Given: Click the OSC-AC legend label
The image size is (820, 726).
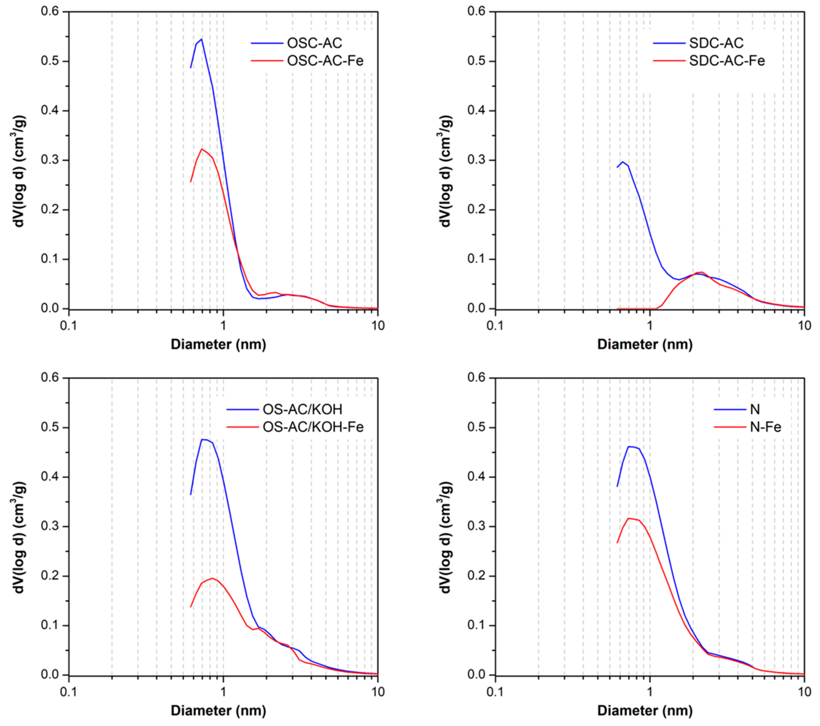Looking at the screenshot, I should [315, 43].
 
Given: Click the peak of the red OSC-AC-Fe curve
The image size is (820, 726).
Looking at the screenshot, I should [202, 149].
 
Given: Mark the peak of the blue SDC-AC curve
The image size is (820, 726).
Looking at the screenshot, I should [623, 162].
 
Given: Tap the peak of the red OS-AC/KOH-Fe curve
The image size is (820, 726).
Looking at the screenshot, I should [212, 578].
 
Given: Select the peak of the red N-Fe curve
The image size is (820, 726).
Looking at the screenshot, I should [629, 518].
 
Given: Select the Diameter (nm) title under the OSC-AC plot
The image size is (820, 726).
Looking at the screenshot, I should [218, 344].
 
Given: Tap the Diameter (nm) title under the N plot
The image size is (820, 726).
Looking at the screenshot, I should [645, 710].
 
